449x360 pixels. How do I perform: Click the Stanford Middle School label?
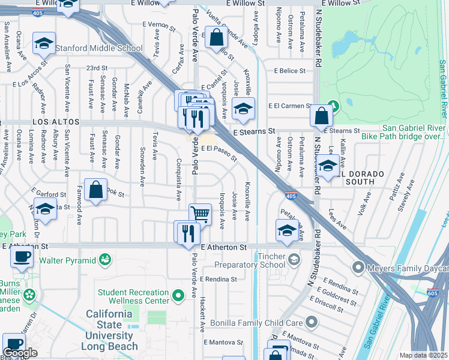[x=99, y=48]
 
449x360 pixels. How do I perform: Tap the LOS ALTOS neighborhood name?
[x=47, y=122]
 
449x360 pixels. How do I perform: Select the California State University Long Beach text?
[x=112, y=331]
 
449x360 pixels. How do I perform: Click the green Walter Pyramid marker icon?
[x=106, y=260]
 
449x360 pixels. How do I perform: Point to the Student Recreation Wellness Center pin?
[x=178, y=296]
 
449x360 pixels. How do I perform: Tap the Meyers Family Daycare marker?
[x=358, y=267]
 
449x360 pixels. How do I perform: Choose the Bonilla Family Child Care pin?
[x=310, y=323]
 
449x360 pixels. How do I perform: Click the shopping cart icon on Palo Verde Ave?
[x=200, y=213]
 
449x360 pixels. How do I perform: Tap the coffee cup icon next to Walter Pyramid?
[x=22, y=257]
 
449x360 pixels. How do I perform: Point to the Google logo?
[x=20, y=353]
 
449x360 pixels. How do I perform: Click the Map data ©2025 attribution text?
[x=423, y=355]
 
